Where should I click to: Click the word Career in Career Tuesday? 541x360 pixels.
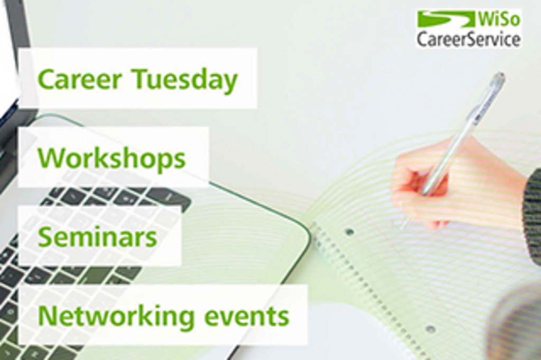(80, 79)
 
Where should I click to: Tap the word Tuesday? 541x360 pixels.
(185, 80)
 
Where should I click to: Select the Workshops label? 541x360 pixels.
(112, 158)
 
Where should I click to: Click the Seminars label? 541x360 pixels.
(97, 236)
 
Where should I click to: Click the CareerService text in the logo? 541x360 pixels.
(468, 39)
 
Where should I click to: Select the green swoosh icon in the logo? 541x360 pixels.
(446, 18)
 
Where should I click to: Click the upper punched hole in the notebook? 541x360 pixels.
(350, 231)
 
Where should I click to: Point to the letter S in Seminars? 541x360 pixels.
(46, 236)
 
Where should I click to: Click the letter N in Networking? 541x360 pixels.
(48, 315)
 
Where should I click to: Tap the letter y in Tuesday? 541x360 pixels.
(229, 83)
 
